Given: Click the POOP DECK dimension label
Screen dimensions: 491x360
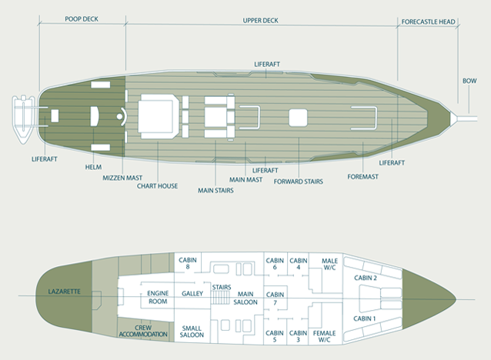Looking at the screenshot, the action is (x=82, y=18).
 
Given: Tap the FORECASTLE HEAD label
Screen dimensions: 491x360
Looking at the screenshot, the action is (x=428, y=22).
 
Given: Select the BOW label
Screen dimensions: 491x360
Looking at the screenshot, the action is (x=469, y=81).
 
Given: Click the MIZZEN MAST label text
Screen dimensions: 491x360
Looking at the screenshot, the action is (x=122, y=178).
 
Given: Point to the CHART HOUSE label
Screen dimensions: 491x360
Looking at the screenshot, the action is (x=157, y=186).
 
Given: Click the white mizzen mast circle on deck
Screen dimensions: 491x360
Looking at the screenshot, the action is (x=119, y=117).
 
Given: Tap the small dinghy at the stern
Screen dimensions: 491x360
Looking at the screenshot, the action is (x=23, y=119).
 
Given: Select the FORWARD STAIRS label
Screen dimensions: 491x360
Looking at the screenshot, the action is (x=299, y=182).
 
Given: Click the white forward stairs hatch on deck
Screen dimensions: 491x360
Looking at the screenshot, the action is (x=298, y=118).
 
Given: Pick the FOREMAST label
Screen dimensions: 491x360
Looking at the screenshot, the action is (x=363, y=177).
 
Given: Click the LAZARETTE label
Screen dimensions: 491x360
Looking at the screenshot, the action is (x=64, y=292).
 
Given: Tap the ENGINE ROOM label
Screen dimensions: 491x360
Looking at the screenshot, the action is (x=158, y=298).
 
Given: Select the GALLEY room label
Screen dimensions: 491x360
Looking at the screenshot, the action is (x=192, y=293).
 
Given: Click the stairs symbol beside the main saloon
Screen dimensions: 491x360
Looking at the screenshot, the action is (x=221, y=297).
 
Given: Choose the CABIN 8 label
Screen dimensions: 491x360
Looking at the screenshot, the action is (x=188, y=263).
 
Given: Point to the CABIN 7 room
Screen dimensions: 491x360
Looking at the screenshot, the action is (x=276, y=298).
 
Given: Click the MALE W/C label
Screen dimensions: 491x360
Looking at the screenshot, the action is (x=329, y=264).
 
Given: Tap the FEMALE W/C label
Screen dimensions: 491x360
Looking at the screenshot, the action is (x=325, y=336).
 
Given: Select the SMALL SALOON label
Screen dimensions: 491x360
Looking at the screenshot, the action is (x=192, y=332).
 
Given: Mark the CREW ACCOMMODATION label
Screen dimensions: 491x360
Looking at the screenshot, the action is (x=143, y=331).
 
